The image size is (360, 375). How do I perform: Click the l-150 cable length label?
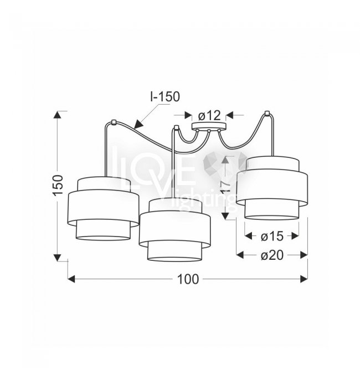tap(165, 96)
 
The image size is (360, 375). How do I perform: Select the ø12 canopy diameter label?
tap(209, 116)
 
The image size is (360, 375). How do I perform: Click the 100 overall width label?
tap(188, 279)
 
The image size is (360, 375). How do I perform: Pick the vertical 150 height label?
tap(58, 185)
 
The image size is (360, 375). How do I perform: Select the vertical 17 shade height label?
tap(226, 186)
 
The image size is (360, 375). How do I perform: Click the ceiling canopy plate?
tap(209, 126)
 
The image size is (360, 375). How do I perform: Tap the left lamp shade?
tap(103, 208)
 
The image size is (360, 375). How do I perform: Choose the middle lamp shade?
tap(175, 229)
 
